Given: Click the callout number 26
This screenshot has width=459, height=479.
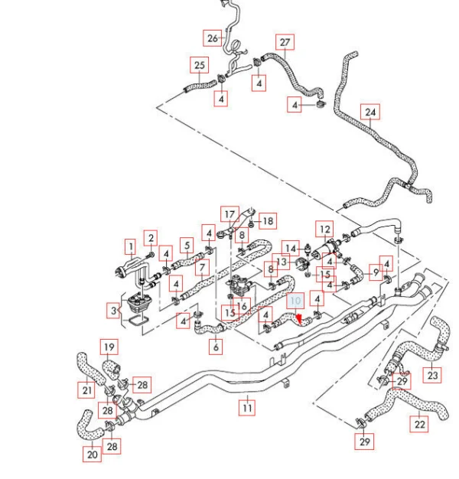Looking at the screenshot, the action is [x=213, y=38].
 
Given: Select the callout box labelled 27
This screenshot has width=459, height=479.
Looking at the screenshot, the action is [x=285, y=42].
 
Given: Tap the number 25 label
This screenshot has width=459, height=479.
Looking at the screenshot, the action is [x=200, y=65].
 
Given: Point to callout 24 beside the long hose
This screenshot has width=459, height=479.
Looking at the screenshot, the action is [x=370, y=112].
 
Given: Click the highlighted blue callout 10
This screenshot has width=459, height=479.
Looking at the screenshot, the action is [x=295, y=301].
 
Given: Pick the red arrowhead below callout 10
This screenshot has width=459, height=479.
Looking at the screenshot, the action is [x=299, y=319].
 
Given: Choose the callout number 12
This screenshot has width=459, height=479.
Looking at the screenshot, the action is [x=324, y=229].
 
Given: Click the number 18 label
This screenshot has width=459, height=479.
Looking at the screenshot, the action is [x=268, y=221].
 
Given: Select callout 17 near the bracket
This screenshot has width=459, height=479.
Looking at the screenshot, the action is [x=229, y=214].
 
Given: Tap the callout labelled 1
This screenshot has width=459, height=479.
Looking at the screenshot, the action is [x=131, y=246].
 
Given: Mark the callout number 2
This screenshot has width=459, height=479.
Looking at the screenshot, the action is [x=151, y=238].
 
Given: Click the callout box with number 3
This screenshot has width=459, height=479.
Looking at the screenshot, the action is [x=113, y=311].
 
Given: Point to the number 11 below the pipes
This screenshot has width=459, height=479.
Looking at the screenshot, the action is [x=247, y=408].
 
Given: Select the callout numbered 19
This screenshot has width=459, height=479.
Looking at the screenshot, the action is [x=109, y=347].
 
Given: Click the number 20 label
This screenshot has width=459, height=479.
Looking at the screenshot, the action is [x=93, y=455].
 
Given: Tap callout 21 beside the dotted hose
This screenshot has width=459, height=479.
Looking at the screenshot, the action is [x=87, y=390].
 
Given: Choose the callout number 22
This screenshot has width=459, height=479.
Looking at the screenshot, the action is [x=419, y=425].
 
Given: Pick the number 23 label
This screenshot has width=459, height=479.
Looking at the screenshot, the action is [x=432, y=375].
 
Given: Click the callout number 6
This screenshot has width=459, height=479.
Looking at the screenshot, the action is [x=216, y=347].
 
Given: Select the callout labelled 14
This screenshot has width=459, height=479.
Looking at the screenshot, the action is [x=291, y=249].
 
